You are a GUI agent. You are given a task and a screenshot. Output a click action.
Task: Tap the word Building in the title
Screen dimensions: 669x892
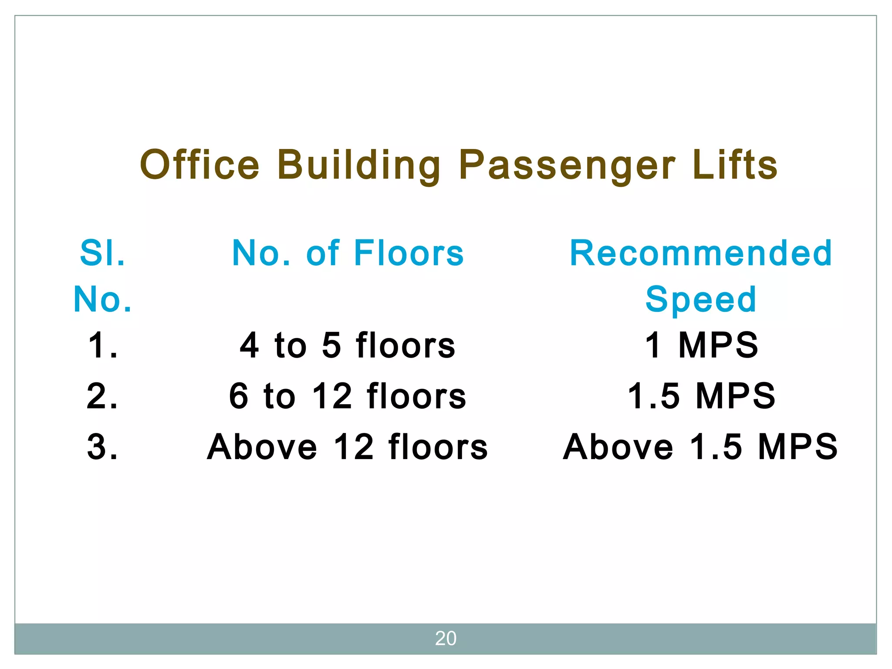click(359, 166)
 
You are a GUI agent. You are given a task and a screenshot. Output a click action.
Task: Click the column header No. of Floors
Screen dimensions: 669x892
click(348, 253)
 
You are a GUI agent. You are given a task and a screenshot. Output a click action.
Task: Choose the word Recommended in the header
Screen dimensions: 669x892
click(701, 253)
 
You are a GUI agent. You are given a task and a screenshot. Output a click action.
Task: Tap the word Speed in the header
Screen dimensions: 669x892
click(701, 299)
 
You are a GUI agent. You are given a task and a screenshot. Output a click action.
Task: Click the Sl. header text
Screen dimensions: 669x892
click(103, 253)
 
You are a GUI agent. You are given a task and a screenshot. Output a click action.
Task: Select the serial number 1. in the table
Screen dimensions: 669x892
click(103, 345)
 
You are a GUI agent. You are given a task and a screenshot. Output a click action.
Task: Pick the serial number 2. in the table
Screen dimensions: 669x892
click(103, 396)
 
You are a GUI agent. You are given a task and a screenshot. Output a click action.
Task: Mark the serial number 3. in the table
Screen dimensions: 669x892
click(103, 447)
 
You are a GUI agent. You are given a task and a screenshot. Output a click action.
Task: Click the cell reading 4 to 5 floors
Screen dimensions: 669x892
click(348, 345)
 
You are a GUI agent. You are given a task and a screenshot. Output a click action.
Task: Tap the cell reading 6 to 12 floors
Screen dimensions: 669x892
click(348, 396)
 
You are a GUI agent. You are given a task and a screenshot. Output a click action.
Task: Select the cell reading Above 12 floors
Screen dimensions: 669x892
click(348, 447)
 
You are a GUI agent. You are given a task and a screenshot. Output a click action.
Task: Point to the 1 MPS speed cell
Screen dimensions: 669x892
click(701, 345)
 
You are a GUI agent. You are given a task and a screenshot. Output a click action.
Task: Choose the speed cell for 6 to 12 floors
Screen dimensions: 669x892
click(701, 396)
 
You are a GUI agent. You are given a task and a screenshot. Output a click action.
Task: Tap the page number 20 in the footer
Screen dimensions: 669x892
click(446, 639)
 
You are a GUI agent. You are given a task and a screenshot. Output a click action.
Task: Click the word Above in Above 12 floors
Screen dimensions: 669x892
click(262, 447)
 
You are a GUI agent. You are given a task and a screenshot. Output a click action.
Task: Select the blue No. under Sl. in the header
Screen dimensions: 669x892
click(103, 299)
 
